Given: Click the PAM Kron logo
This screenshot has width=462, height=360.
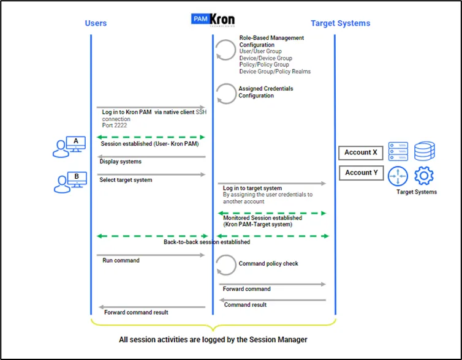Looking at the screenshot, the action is point(213,20).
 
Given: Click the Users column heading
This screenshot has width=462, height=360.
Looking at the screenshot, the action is point(96,23).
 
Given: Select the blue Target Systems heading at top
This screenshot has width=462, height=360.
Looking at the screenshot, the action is point(340,23).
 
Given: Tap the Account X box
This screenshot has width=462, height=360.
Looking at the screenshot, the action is point(361,153).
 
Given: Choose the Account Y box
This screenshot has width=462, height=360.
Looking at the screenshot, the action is point(362,173).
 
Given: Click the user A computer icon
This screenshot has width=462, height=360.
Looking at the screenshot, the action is point(69,147).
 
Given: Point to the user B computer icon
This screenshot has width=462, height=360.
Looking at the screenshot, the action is point(70,182).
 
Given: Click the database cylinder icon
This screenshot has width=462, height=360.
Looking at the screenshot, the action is point(424,151).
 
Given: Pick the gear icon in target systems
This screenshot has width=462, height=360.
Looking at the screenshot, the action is point(424,176).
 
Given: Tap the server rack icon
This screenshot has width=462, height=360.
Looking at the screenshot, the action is point(398,151).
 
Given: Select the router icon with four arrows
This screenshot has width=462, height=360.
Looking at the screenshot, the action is point(398,176).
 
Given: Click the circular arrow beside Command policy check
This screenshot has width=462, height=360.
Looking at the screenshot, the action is point(225,265).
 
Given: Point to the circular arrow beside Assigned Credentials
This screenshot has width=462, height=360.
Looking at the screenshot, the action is point(226,94).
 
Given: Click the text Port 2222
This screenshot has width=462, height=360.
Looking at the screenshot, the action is point(115,126).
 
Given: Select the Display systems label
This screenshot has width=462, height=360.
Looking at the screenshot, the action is point(121,162).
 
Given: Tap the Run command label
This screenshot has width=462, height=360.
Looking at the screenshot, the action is point(121,260).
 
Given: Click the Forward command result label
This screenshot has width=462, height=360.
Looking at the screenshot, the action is point(136,312).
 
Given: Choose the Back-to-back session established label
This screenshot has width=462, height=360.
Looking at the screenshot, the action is point(207,242).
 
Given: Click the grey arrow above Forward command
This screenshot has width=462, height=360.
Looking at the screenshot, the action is point(273,284).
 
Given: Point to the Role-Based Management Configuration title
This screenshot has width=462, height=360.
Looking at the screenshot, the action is point(271,41).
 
